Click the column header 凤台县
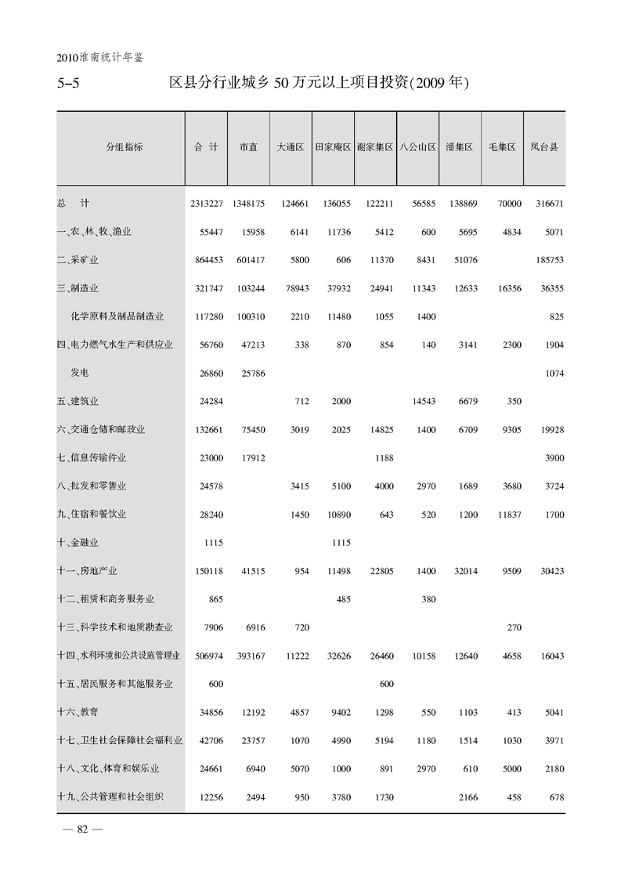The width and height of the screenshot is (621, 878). [543, 147]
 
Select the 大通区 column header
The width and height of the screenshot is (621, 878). [290, 147]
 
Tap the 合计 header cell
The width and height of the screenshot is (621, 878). [206, 147]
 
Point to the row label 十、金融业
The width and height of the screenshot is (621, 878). [78, 542]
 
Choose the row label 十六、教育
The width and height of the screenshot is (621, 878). [78, 711]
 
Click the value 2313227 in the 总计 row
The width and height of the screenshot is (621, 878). [206, 204]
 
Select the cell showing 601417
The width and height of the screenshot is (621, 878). [248, 260]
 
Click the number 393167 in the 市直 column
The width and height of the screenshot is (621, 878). [248, 655]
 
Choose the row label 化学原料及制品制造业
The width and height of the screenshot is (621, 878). [117, 316]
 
